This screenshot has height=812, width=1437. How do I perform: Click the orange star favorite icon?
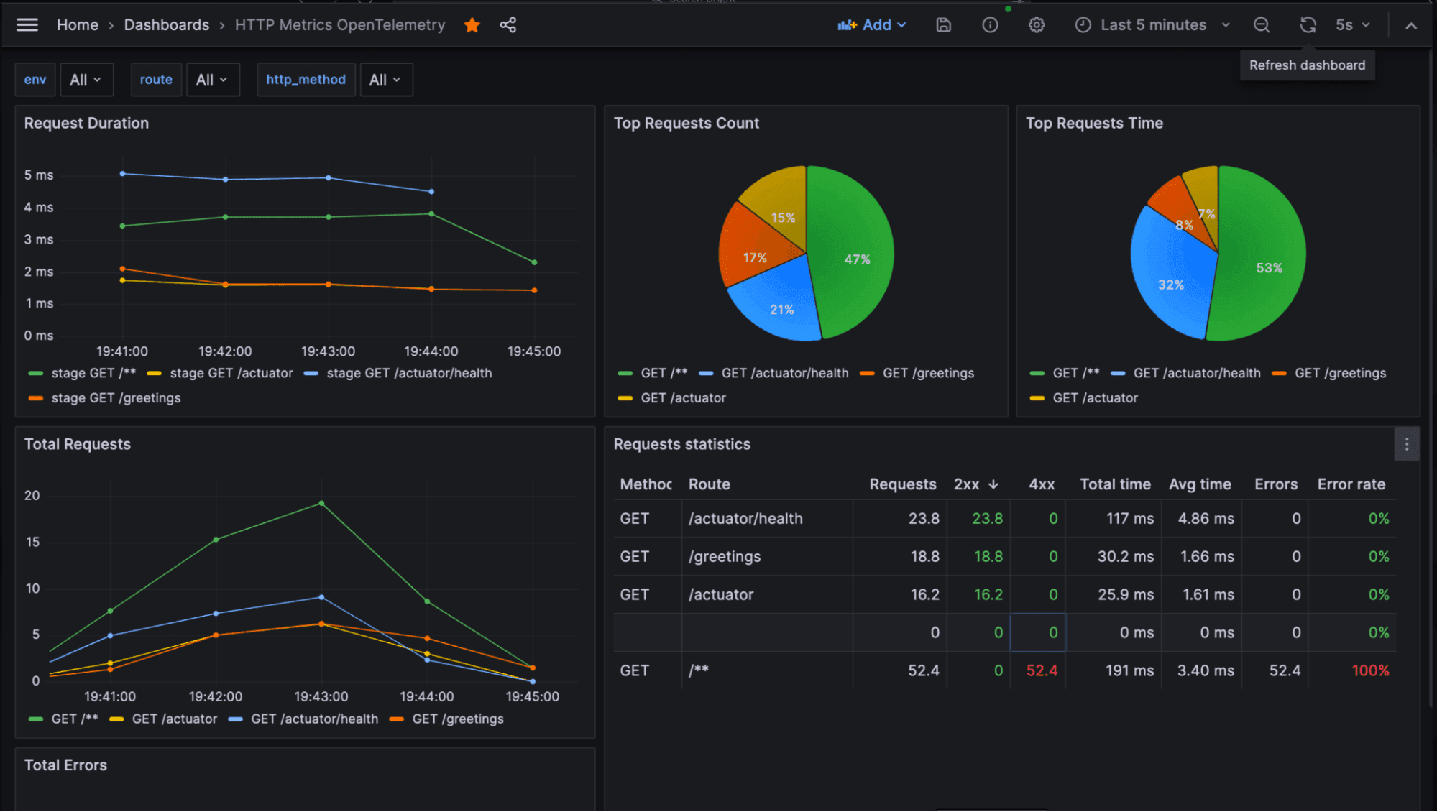472,25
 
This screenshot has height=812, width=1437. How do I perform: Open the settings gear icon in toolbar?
1036,25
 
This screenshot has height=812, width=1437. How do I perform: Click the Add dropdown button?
872,25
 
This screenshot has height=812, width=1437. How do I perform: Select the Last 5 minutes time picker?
1152,25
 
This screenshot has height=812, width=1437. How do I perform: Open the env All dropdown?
86,80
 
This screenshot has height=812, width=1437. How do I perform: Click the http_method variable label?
306,80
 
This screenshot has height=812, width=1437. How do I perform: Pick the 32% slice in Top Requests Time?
1170,285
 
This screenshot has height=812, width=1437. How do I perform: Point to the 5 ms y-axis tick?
39,175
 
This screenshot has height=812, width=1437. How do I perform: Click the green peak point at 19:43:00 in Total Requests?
321,503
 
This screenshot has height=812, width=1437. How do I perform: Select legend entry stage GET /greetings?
115,398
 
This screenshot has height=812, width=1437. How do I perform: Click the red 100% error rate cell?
1369,670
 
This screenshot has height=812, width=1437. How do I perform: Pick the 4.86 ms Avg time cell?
1206,519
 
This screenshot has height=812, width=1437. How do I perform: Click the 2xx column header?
967,484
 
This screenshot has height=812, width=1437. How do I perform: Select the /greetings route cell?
725,557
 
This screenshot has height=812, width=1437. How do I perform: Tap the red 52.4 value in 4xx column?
1042,670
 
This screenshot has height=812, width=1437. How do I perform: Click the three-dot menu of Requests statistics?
1406,445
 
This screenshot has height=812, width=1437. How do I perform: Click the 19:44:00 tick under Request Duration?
431,351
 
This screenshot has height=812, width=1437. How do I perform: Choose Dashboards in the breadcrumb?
166,25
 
